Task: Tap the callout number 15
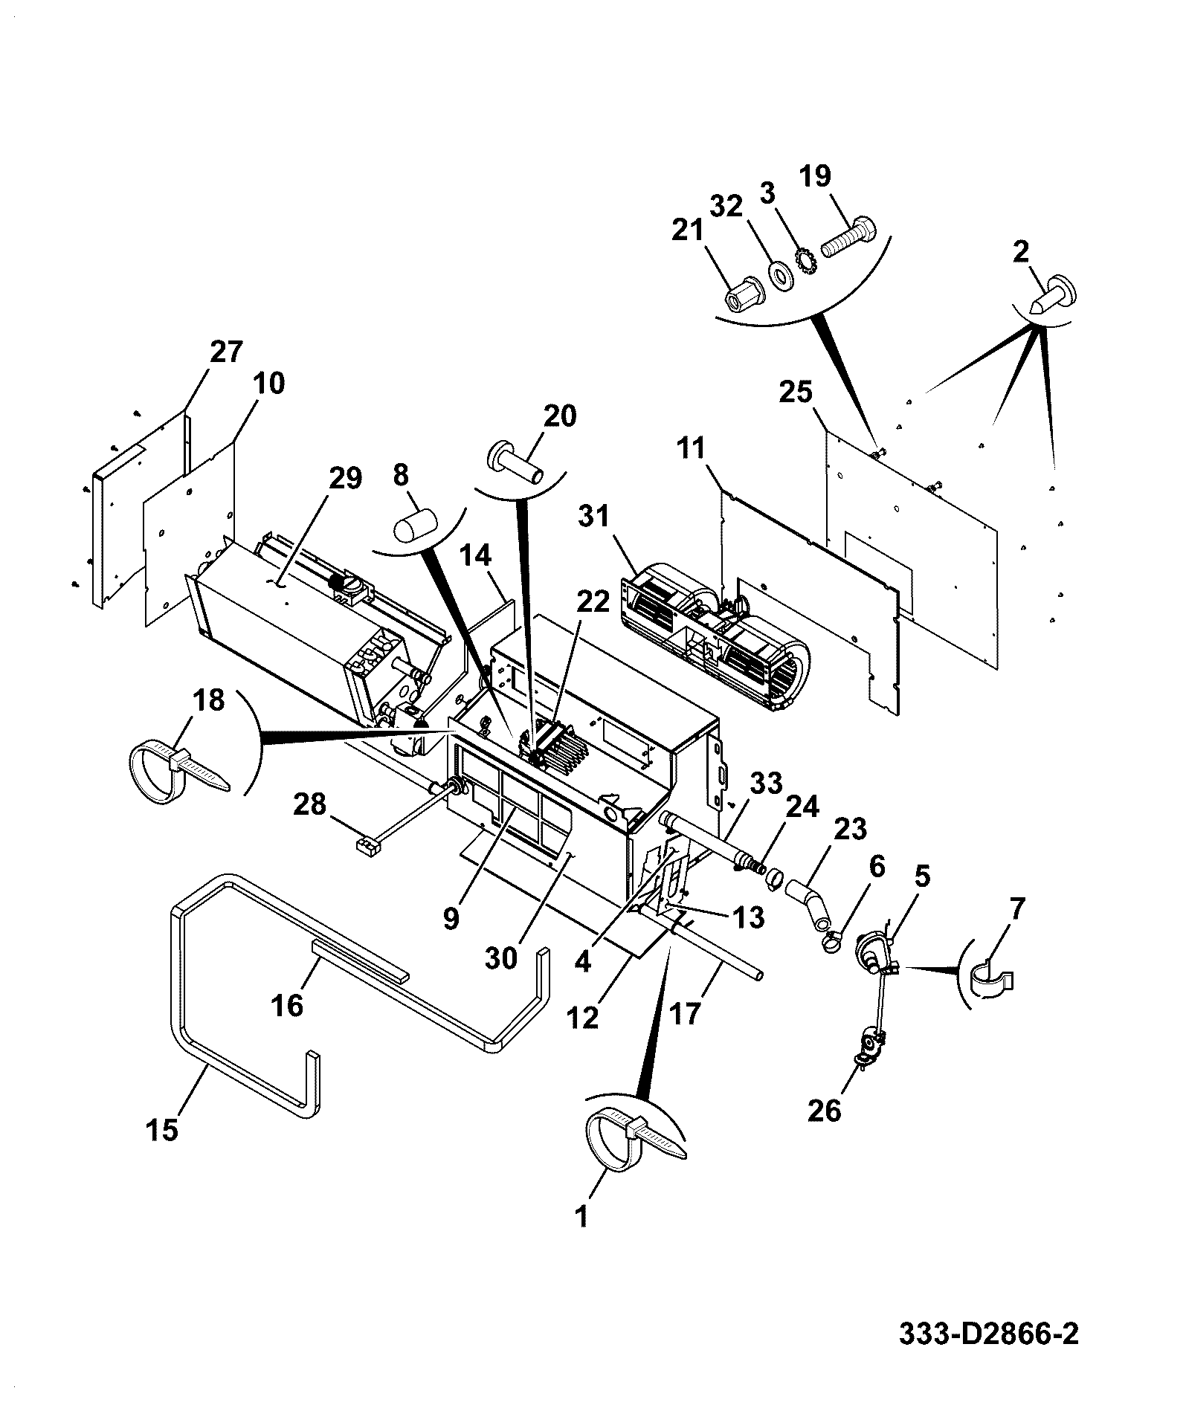163,1131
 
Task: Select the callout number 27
226,352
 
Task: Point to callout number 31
593,516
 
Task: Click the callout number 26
824,1111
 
